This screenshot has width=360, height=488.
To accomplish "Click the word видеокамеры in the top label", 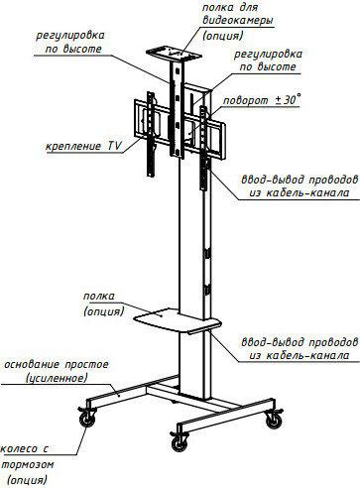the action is [238, 21].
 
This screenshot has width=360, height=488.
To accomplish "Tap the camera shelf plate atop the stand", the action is [174, 55].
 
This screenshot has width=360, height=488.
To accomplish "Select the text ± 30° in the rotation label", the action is [289, 99].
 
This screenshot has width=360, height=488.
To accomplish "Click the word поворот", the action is [246, 100].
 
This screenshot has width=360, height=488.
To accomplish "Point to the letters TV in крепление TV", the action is [114, 146].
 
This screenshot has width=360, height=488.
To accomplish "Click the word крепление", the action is [73, 146].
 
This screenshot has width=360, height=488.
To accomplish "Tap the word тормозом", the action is [28, 464].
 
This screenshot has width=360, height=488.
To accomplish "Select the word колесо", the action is [19, 449].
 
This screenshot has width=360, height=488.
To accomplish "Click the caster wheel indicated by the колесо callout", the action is [87, 420].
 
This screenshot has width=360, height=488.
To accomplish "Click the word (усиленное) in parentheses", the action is [57, 378].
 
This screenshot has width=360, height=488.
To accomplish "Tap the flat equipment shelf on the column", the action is [178, 320].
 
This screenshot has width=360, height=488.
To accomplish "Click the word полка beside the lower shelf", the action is [98, 296].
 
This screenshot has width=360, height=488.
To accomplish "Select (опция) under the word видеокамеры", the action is [223, 35].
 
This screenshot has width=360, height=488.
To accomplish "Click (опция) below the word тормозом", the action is [27, 479].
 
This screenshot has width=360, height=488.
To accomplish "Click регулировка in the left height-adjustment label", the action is [70, 36].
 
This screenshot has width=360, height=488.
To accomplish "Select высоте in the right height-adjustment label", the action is [277, 66].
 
